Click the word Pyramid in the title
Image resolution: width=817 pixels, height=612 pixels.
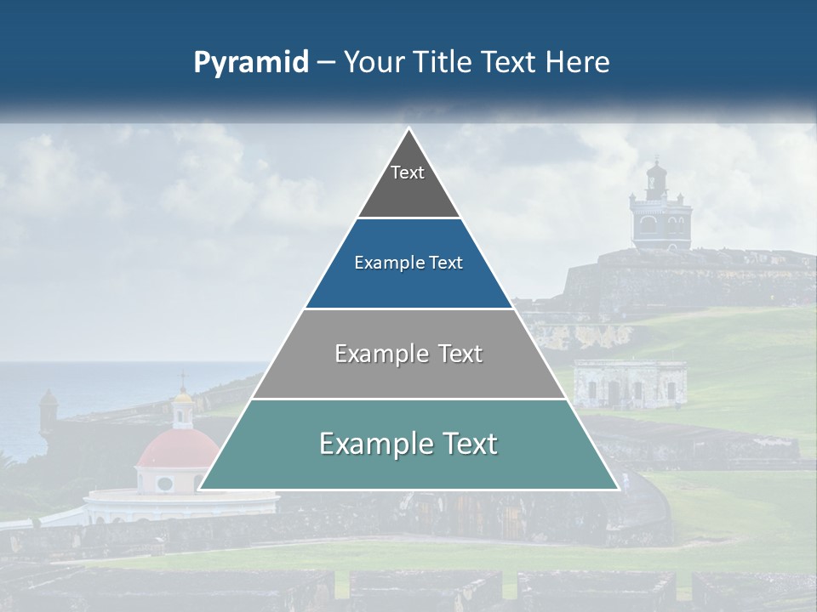250,63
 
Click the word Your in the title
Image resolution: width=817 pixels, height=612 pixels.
371,63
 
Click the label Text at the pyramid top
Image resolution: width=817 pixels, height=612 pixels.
408,173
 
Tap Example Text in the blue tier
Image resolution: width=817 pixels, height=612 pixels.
408,263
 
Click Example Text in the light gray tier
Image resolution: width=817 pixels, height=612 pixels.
408,354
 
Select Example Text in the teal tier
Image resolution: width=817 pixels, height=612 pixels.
408,444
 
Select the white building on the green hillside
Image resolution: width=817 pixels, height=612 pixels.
630,384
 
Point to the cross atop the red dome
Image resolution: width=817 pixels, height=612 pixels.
182,377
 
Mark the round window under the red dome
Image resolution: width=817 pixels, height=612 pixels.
165,484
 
